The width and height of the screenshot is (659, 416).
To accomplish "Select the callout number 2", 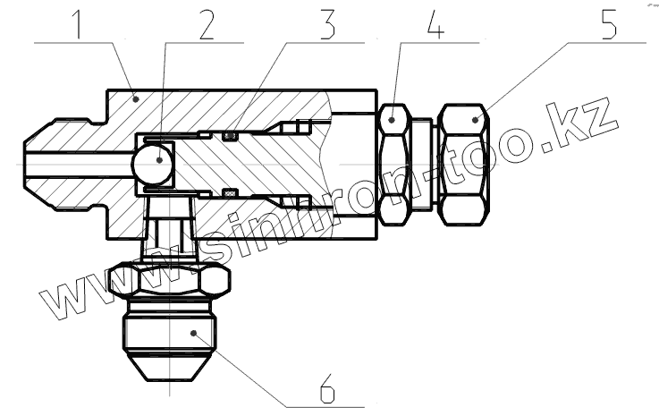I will (x=207, y=24).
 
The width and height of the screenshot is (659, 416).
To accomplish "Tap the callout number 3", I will (x=327, y=24).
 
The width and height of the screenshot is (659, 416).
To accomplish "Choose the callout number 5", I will (x=607, y=24).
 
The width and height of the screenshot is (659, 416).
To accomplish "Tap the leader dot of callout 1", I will (x=135, y=99).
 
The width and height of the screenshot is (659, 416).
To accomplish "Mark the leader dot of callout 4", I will (x=394, y=117).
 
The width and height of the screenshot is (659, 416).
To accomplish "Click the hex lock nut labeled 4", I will (x=396, y=164).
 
